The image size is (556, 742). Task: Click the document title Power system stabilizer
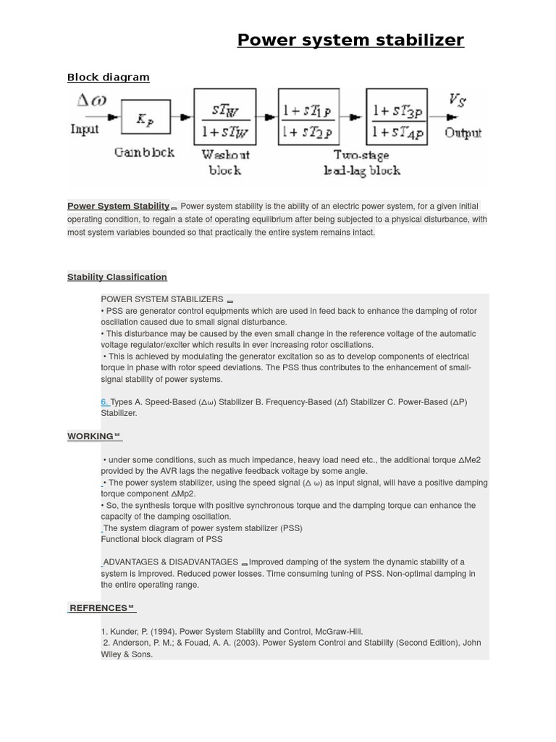click(x=350, y=40)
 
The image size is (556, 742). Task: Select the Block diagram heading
click(x=108, y=78)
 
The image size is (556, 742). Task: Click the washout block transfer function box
click(x=224, y=117)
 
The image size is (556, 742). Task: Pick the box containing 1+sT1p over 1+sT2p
click(x=308, y=117)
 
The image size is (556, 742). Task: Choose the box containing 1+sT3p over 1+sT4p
click(x=396, y=117)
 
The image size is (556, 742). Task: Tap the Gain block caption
click(x=144, y=153)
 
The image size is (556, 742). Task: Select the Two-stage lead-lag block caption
click(x=361, y=163)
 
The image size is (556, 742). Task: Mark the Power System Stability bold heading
click(x=118, y=207)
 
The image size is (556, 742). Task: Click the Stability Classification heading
click(x=117, y=277)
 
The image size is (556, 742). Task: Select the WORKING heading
click(x=90, y=436)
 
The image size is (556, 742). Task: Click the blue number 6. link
click(x=105, y=401)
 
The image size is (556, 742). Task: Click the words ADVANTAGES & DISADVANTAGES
click(x=171, y=562)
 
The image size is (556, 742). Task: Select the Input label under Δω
click(x=85, y=129)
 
